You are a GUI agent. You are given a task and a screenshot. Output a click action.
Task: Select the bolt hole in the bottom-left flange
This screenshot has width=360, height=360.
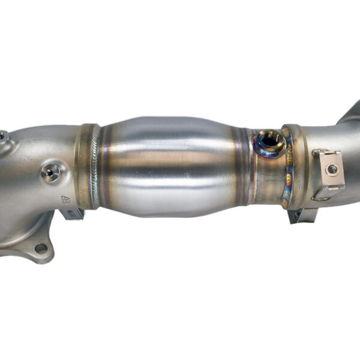pyautogui.click(x=40, y=248)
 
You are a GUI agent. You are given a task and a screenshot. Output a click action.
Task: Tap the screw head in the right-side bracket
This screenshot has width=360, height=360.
pyautogui.click(x=331, y=169)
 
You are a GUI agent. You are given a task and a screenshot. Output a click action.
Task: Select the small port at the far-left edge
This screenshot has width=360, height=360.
pyautogui.click(x=3, y=137)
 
